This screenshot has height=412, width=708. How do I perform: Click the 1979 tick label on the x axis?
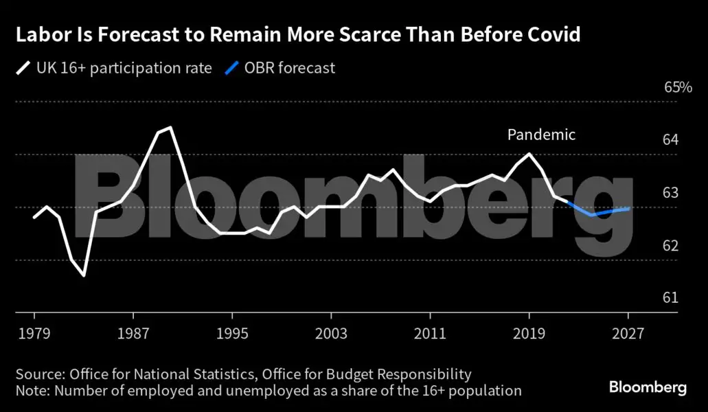pos(34,334)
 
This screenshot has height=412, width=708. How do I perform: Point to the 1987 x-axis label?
pos(133,334)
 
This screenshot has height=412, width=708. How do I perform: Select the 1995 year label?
pos(232,334)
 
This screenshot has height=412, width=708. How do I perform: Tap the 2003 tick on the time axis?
pos(331,334)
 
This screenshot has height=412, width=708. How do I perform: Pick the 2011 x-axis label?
pos(430,334)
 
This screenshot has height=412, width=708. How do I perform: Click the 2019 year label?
pos(529,334)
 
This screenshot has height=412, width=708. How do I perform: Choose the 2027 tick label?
pos(628,334)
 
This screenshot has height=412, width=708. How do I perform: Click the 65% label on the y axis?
pos(678,88)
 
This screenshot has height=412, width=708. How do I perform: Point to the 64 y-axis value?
pos(671,140)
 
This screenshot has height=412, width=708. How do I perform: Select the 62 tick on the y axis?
pos(671,245)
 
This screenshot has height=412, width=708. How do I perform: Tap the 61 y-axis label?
pos(671,297)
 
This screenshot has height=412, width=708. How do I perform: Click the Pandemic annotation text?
pos(541,135)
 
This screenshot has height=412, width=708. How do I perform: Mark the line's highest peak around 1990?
pos(170,127)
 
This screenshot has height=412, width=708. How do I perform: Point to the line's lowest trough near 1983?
pos(84,275)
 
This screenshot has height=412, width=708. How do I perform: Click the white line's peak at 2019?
pos(529,153)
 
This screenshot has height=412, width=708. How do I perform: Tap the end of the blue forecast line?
pos(628,208)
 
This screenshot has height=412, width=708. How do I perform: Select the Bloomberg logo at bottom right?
pos(648,387)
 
